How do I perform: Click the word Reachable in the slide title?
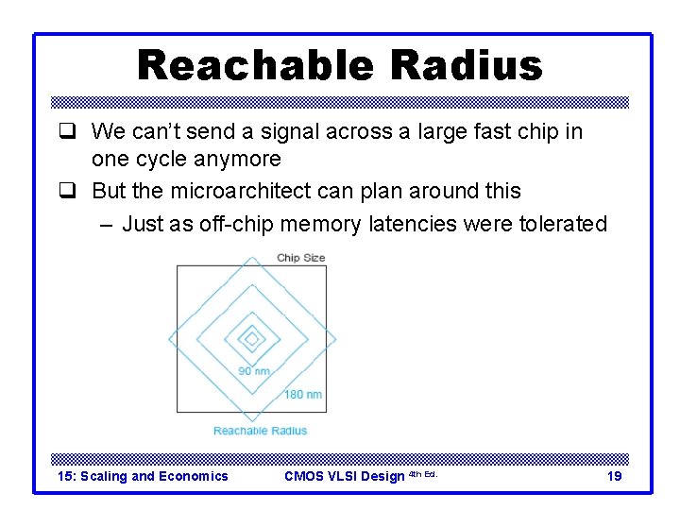[x=243, y=66]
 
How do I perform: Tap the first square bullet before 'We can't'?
[x=66, y=132]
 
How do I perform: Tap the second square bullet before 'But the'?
[x=66, y=192]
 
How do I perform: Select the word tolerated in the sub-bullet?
[x=563, y=224]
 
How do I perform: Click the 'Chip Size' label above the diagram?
[x=300, y=258]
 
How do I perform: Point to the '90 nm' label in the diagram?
[x=253, y=371]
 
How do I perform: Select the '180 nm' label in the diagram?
[x=302, y=394]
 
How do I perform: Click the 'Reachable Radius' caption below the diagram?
[x=260, y=431]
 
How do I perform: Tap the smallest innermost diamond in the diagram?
[x=251, y=338]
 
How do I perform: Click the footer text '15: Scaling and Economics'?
[x=143, y=476]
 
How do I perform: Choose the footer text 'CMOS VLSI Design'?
[x=344, y=476]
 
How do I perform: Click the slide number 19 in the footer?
[x=614, y=476]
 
